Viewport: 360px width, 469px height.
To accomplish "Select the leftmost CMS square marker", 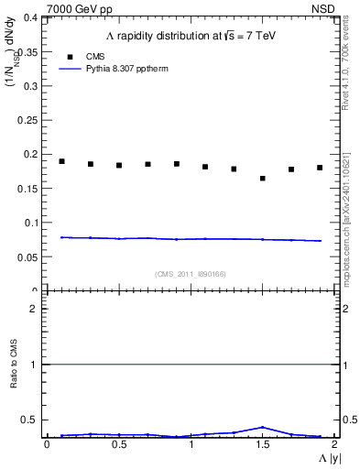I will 62,161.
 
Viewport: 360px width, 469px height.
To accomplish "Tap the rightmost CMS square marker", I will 320,168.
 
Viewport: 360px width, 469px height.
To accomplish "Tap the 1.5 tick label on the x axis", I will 262,444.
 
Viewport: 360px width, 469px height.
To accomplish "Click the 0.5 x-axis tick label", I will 119,444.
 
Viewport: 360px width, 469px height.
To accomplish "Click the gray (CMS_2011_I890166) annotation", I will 191,274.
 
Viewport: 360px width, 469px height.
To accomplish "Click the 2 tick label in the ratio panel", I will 33,309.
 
